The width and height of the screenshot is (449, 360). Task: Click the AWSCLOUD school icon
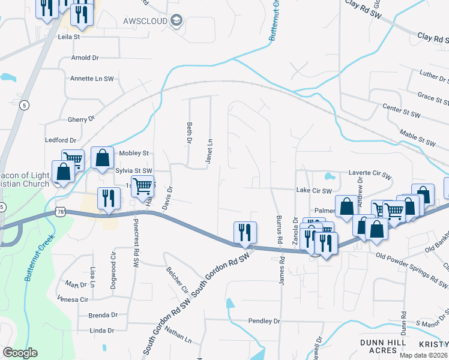[176, 22]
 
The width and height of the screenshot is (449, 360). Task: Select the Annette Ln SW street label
[92, 79]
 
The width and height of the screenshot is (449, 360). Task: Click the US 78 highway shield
[59, 211]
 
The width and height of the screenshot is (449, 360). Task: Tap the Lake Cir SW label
[314, 191]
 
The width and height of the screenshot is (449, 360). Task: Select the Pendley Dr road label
[264, 322]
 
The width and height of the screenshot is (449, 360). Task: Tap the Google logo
[20, 353]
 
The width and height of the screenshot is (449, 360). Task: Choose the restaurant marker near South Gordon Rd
[245, 232]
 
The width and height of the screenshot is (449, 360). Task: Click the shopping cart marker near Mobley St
[73, 160]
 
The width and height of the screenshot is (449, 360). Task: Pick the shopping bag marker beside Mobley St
[103, 158]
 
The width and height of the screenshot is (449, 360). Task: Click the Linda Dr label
[101, 331]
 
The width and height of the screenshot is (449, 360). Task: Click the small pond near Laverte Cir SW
[329, 177]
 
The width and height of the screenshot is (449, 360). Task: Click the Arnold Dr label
[85, 58]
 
